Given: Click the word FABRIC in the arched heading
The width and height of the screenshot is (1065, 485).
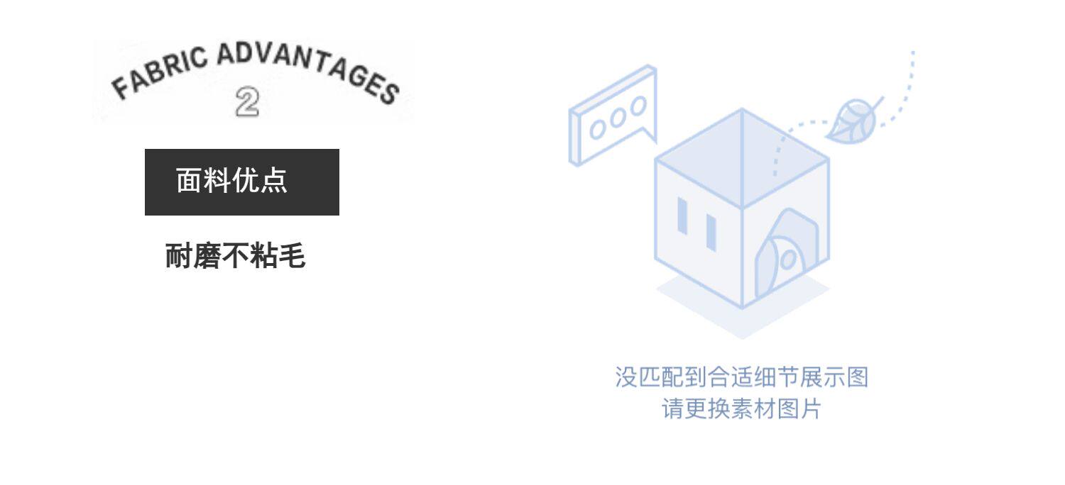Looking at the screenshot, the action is [x=159, y=72].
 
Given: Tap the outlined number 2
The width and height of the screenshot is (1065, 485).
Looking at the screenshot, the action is [x=247, y=101].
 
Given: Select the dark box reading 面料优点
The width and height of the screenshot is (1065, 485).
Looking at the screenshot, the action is [x=242, y=182].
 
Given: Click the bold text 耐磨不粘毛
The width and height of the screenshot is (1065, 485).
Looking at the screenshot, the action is [x=235, y=255].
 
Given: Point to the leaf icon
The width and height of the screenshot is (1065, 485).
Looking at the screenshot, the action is [x=854, y=120].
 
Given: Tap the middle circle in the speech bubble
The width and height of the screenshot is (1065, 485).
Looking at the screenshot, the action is [x=618, y=118].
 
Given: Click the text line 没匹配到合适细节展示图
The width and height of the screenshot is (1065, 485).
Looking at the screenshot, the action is [x=742, y=377].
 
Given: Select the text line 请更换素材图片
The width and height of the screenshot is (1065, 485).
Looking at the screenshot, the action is [x=742, y=408].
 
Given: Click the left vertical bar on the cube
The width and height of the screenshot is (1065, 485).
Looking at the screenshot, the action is [x=682, y=216].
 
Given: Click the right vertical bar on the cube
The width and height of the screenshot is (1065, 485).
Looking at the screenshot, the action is [x=711, y=233].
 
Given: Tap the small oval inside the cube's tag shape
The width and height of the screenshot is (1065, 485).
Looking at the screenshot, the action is [x=788, y=260].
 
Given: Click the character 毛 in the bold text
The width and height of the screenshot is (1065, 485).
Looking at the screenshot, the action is [x=292, y=255].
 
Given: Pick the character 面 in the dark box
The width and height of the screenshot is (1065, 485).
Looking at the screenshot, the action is [x=189, y=181].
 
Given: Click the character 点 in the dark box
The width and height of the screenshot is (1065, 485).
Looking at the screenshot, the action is [x=274, y=181].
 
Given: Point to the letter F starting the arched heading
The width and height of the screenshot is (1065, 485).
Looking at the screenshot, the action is [x=121, y=89].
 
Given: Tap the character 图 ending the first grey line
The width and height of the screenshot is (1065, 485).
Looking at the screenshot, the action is [x=857, y=377].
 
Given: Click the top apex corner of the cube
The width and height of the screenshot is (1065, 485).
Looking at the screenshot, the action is [x=742, y=109].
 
